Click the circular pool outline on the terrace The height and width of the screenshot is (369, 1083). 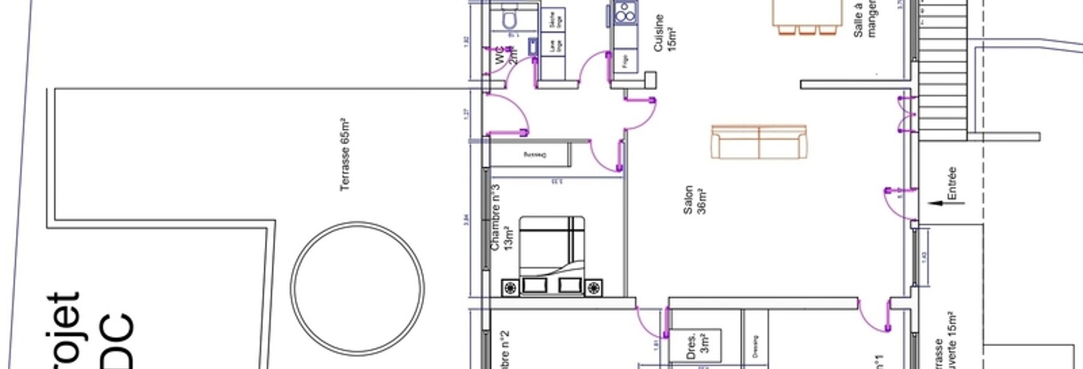[x=357, y=288]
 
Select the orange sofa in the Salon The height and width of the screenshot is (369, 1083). [x=759, y=141]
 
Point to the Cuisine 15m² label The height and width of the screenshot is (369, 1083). [x=664, y=33]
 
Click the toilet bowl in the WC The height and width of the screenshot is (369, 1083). [x=511, y=19]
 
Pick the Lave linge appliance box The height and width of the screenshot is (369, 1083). [x=553, y=45]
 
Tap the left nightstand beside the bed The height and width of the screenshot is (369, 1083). [x=511, y=288]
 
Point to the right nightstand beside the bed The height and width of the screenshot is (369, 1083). [x=593, y=288]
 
